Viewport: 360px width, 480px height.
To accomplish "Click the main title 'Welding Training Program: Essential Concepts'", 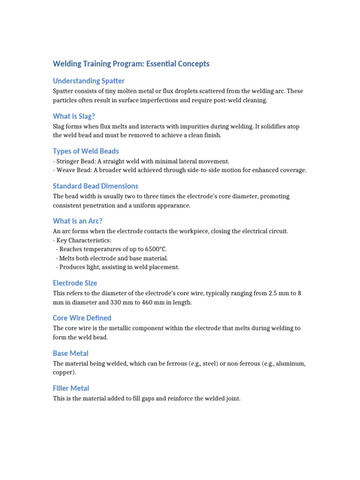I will (131, 64).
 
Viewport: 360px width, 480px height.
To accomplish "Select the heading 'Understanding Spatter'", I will (89, 81).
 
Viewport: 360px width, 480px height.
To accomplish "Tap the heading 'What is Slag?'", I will (77, 116).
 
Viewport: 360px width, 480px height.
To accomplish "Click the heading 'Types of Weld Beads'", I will (86, 151).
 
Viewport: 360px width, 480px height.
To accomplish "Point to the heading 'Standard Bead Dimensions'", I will (96, 186).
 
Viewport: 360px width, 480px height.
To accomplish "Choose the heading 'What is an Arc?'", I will (78, 221).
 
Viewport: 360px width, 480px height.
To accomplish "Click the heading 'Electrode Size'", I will (75, 283).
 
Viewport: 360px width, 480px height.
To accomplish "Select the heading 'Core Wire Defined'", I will (82, 318).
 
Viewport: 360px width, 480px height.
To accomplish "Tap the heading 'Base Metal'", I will (70, 353).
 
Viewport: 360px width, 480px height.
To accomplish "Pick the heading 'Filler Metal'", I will (71, 388).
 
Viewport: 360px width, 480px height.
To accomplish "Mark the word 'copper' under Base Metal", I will (63, 372).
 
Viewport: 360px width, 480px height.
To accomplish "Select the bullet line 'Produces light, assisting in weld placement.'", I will (119, 267).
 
